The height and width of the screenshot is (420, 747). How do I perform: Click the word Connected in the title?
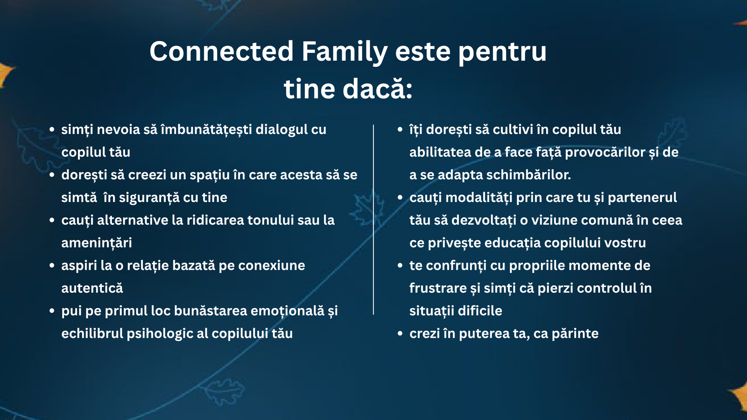221,51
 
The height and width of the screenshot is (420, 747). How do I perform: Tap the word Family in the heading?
345,52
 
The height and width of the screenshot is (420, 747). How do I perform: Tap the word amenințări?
97,243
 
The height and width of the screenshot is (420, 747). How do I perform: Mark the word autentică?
92,288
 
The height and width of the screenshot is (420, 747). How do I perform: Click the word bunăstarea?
211,311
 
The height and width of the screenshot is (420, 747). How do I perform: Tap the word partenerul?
642,198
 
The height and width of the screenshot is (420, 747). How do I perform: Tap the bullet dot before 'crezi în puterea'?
400,334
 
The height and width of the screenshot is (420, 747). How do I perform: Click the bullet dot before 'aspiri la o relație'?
52,266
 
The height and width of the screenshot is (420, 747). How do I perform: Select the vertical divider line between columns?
373,220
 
